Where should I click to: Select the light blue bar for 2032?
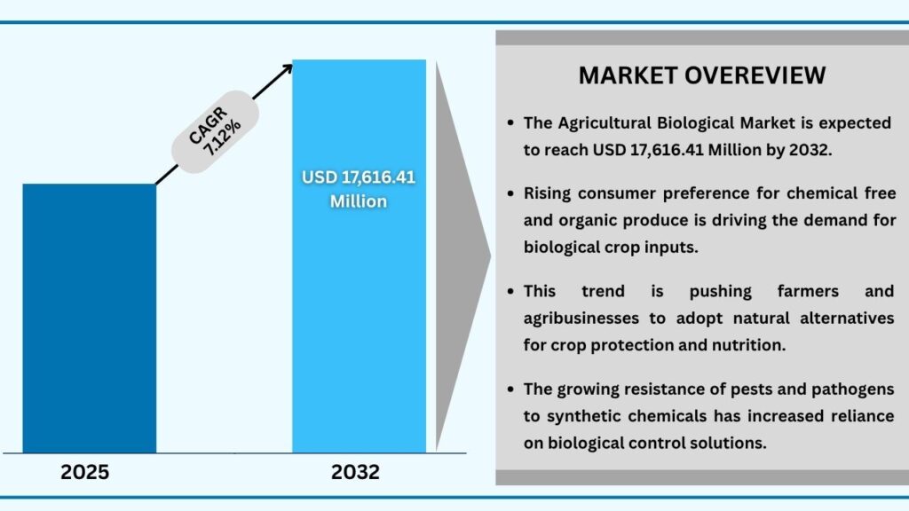(359, 311)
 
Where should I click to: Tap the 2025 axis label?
(85, 472)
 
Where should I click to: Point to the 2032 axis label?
(355, 472)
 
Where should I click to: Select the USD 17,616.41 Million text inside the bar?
(359, 189)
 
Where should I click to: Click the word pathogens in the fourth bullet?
(852, 389)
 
